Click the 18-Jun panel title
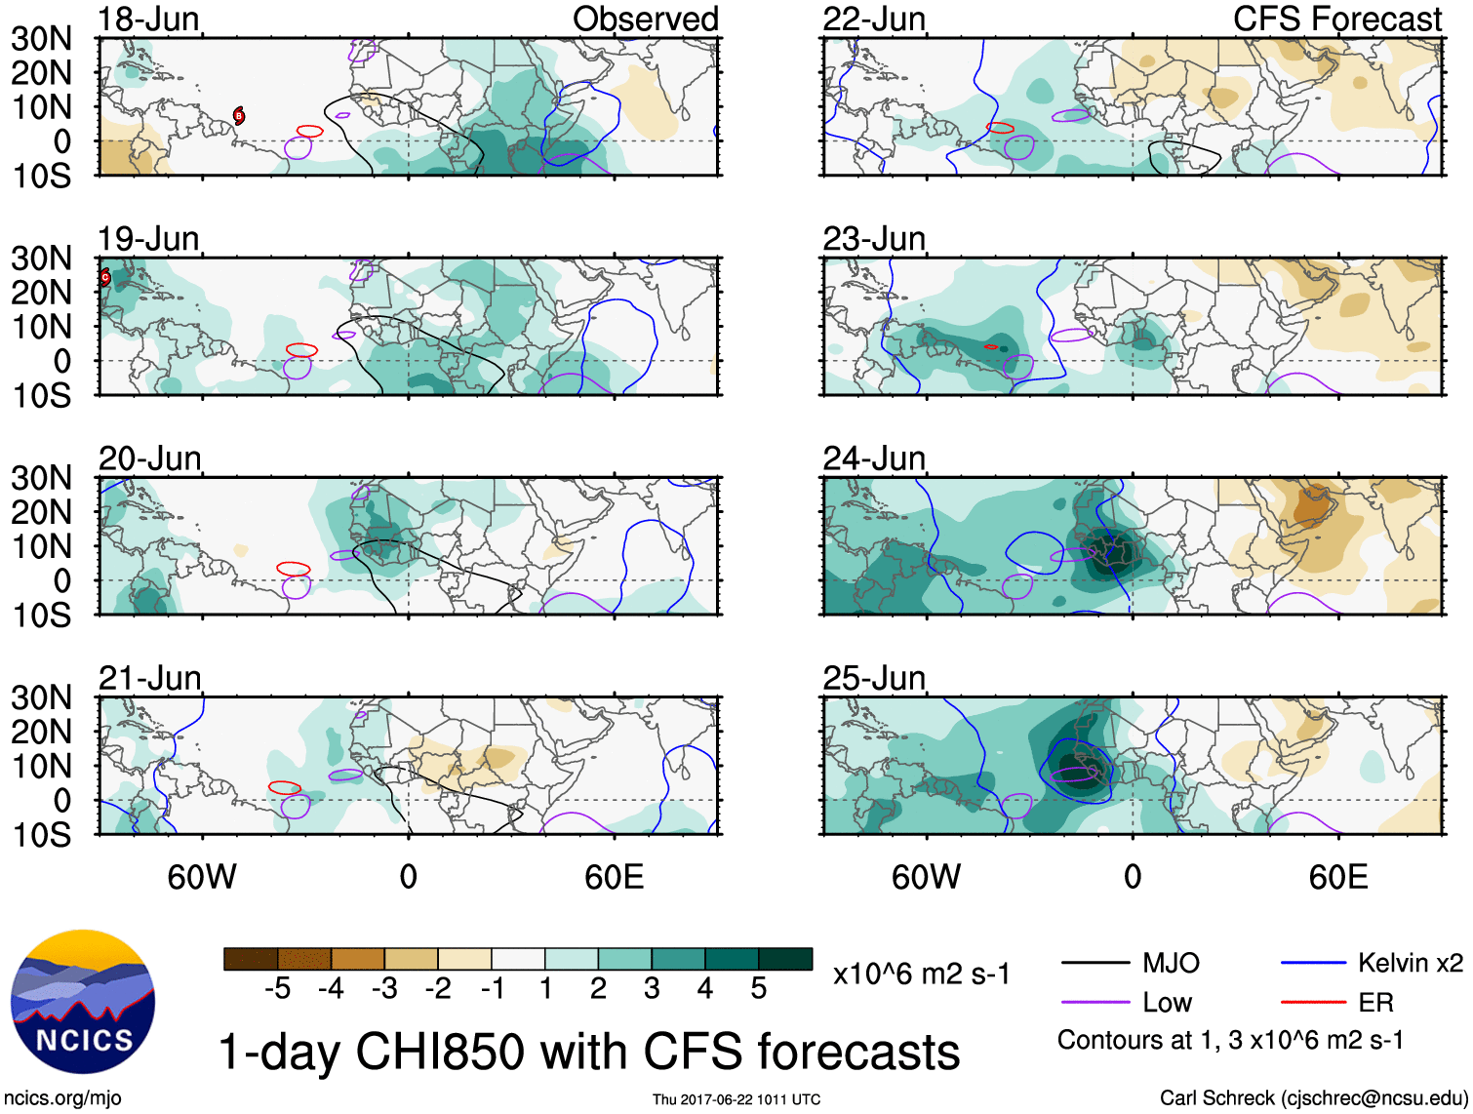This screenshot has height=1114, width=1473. (x=148, y=19)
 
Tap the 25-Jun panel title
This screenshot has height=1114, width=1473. (x=873, y=677)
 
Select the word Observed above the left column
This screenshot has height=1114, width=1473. (x=645, y=19)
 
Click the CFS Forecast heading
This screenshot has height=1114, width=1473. (x=1336, y=19)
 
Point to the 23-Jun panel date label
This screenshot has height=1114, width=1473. (x=873, y=238)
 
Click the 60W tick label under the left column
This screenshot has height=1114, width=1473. (x=202, y=877)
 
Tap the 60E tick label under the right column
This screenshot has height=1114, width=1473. (x=1337, y=877)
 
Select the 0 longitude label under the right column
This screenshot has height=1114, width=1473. (x=1132, y=877)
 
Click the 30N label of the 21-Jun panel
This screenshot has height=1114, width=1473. (x=41, y=697)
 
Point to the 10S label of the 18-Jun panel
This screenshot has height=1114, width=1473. (x=41, y=177)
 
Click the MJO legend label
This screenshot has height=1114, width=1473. (x=1171, y=963)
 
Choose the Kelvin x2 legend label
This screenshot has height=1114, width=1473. (x=1410, y=963)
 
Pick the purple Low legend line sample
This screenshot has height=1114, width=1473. (x=1095, y=1002)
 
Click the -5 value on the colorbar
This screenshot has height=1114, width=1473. (x=277, y=989)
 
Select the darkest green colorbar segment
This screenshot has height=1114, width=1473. (x=785, y=959)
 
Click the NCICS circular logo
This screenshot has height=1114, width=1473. (x=83, y=1002)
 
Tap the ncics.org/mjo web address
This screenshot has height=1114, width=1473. (x=62, y=1097)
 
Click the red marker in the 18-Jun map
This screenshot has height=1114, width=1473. (x=238, y=116)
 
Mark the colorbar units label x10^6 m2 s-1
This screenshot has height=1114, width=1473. (x=921, y=974)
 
